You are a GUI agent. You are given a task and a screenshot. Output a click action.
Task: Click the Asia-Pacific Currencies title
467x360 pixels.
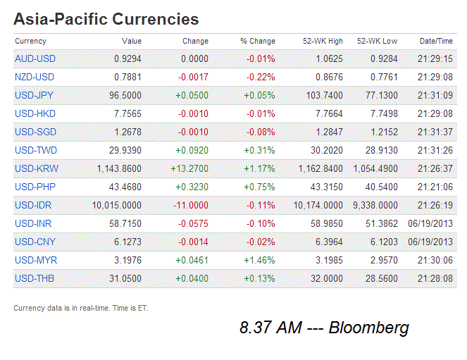click(x=106, y=19)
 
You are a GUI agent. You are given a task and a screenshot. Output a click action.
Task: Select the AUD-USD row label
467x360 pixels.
click(x=35, y=58)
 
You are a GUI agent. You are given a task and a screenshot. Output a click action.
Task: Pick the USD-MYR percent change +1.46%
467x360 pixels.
click(x=259, y=260)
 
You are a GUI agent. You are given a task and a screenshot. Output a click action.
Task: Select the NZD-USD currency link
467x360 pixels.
click(x=35, y=77)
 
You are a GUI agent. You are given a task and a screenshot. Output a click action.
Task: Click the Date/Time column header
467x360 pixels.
click(x=436, y=42)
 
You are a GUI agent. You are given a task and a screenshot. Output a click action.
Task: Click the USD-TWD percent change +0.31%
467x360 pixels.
click(x=259, y=150)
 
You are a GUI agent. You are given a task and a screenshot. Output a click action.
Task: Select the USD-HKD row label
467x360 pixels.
click(x=35, y=113)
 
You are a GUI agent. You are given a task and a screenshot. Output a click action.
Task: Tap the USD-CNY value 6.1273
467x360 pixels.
click(x=127, y=242)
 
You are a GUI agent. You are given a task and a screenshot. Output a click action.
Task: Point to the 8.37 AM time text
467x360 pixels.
click(x=268, y=328)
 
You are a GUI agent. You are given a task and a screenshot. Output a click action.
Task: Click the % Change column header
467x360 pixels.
click(x=257, y=42)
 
